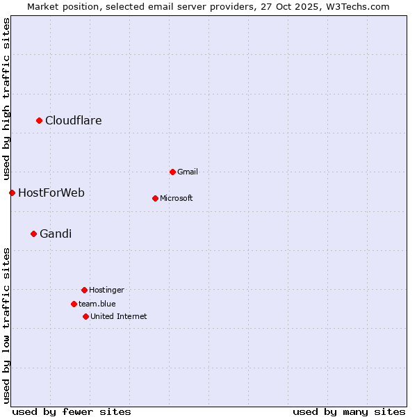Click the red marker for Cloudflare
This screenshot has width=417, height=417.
[x=40, y=121]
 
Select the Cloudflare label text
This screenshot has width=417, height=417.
[x=74, y=121]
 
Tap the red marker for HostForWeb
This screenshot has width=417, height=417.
[x=12, y=193]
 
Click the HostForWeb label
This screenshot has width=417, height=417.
[x=51, y=193]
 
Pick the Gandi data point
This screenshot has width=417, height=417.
[x=33, y=234]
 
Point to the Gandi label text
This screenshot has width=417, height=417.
[x=56, y=234]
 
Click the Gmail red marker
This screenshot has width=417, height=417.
[x=172, y=172]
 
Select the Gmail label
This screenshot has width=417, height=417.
[x=188, y=172]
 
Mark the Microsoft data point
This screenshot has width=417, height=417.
[x=155, y=198]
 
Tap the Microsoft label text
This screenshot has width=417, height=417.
[x=177, y=198]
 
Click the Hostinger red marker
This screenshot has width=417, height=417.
[x=84, y=290]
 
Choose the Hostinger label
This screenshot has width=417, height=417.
[x=106, y=290]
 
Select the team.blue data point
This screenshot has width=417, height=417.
[x=74, y=304]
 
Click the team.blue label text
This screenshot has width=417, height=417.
[x=97, y=304]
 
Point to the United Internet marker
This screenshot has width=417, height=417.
[x=85, y=316]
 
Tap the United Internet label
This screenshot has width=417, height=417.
[x=119, y=316]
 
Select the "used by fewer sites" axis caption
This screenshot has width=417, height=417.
[x=72, y=411]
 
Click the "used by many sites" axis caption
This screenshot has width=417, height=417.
[x=349, y=411]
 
